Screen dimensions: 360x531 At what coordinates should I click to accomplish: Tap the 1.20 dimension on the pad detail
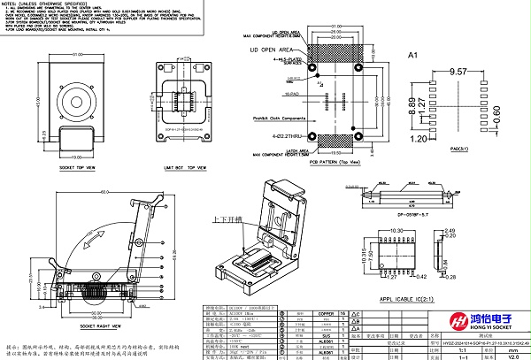419,139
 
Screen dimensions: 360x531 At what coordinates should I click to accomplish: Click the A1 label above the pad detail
411,55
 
